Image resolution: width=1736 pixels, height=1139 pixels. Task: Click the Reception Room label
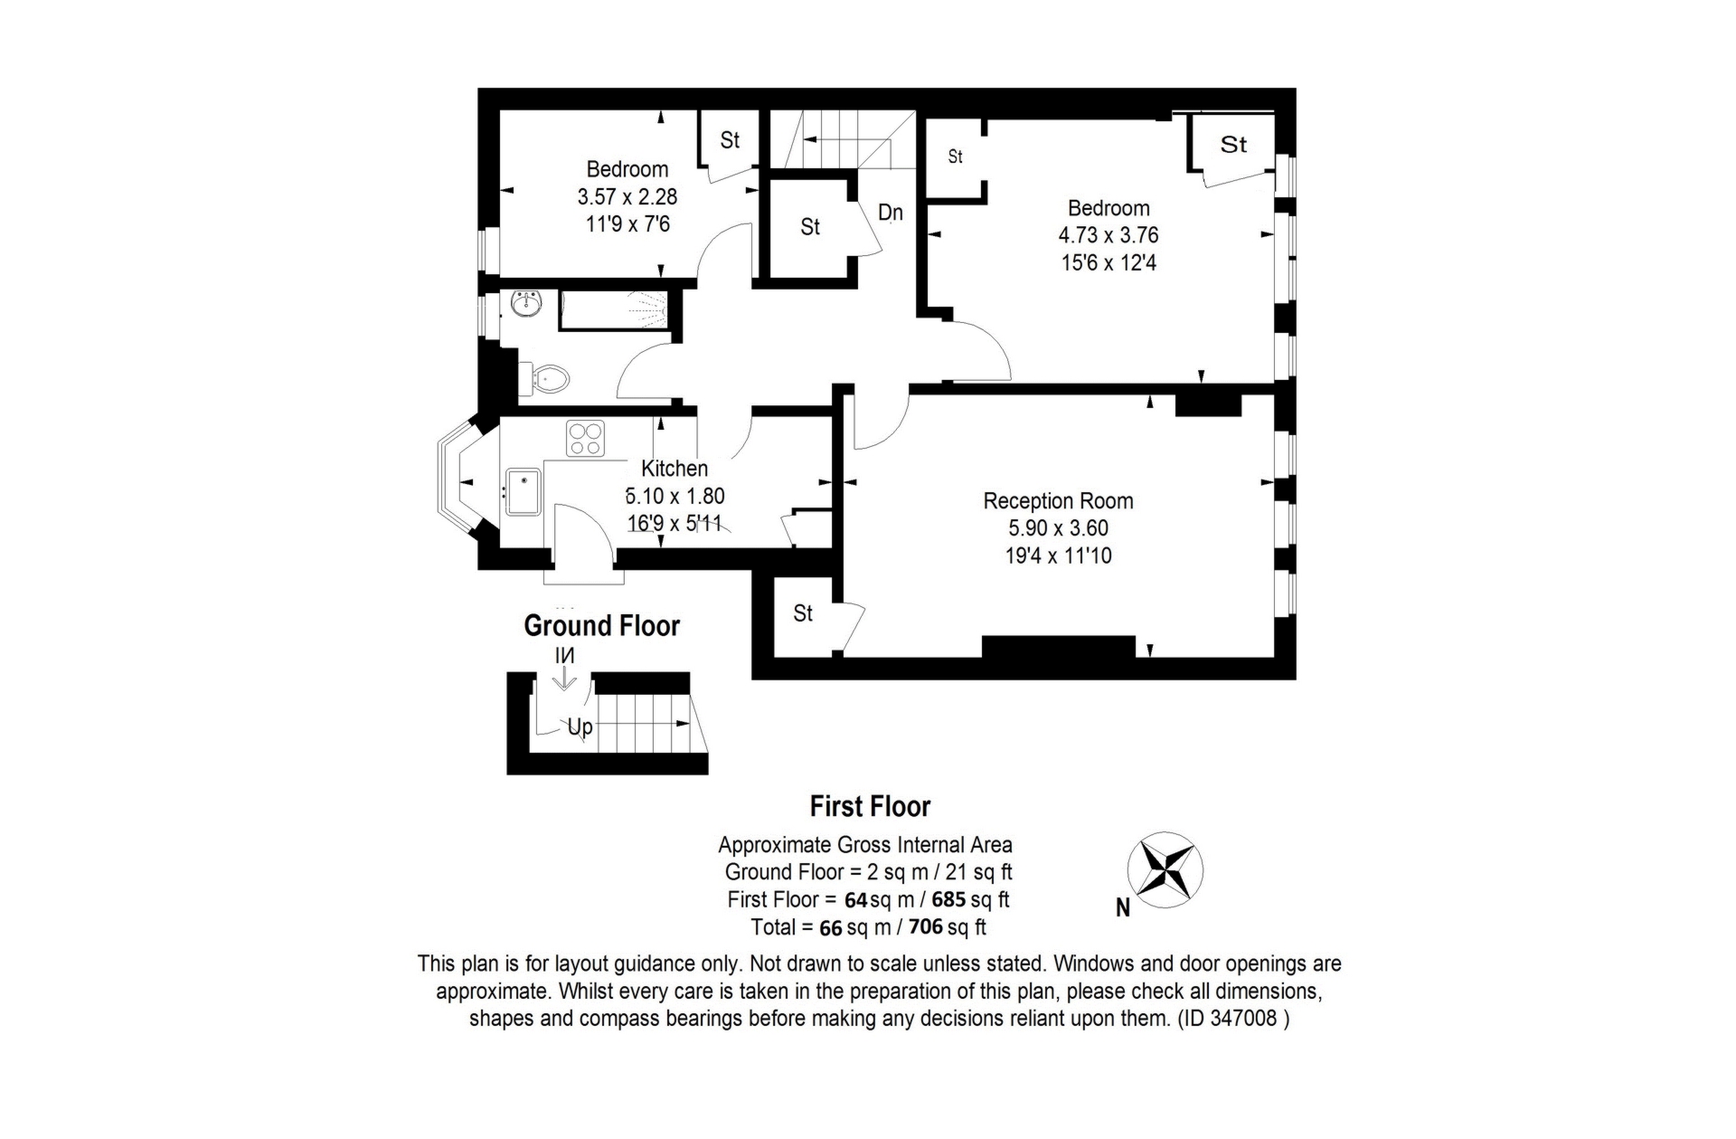[1058, 501]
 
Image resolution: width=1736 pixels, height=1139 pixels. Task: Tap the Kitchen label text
[675, 469]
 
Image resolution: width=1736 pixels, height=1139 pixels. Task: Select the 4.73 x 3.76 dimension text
[1109, 235]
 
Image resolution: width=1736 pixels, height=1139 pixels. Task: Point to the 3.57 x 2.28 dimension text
[627, 196]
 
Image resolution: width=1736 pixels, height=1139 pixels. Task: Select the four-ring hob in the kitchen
[585, 439]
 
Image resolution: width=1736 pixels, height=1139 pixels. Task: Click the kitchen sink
[523, 491]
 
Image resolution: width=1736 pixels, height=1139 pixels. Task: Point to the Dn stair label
[891, 213]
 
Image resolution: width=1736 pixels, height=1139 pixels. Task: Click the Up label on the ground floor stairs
[580, 726]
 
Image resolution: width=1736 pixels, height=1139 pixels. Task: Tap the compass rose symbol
[1165, 869]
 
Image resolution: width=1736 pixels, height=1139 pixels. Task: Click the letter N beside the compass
[1123, 908]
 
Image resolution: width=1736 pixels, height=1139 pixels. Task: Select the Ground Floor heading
[601, 625]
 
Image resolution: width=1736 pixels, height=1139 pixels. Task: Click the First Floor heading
[870, 806]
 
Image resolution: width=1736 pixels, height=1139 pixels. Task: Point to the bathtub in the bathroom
[615, 309]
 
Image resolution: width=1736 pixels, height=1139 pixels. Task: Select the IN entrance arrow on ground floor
[564, 668]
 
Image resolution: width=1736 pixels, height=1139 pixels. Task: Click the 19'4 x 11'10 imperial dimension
[1058, 555]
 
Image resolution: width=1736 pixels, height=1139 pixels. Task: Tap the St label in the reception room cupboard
[803, 613]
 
